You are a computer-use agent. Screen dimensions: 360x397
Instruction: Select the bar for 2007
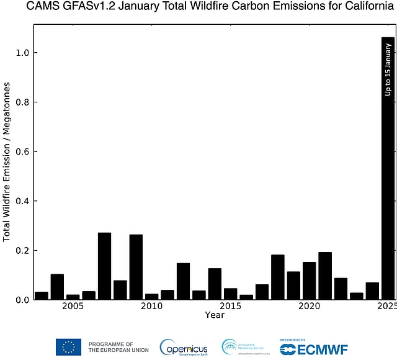tap(104, 266)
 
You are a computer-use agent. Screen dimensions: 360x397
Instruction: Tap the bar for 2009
tap(136, 267)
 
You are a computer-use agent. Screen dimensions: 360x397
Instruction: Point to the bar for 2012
tap(183, 281)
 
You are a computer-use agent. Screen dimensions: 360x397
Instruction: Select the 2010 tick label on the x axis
tap(151, 307)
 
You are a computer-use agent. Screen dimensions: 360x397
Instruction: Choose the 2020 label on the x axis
tap(309, 307)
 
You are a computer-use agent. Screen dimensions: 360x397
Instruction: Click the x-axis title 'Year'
tap(215, 315)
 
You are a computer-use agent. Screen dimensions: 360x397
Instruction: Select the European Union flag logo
tap(68, 347)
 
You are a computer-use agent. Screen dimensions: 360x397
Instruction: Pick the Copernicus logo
tap(184, 348)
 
